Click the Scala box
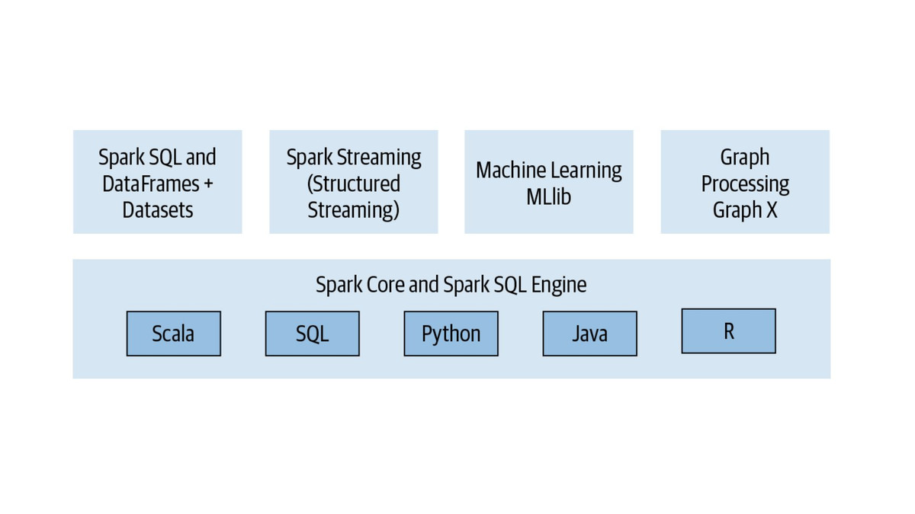tap(173, 334)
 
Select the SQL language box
tap(312, 334)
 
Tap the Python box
tap(451, 334)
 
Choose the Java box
tap(589, 334)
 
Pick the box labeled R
tap(728, 331)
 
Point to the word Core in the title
tap(385, 285)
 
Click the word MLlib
tap(548, 196)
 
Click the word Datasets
tap(158, 209)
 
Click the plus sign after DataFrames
tap(208, 184)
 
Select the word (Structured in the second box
tap(354, 184)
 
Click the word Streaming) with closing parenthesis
tap(354, 209)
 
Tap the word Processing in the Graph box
tap(745, 184)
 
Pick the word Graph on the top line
tap(745, 158)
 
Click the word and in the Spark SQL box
tap(201, 158)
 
